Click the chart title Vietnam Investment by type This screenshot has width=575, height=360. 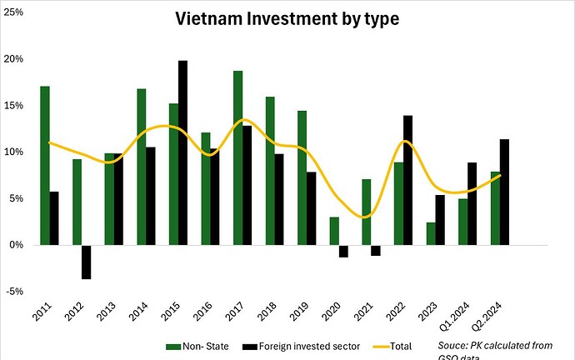(287, 18)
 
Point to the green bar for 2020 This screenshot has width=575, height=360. (333, 231)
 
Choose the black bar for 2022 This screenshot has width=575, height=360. (407, 180)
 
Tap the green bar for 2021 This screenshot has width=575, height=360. (365, 212)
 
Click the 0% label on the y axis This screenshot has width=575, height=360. (15, 245)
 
